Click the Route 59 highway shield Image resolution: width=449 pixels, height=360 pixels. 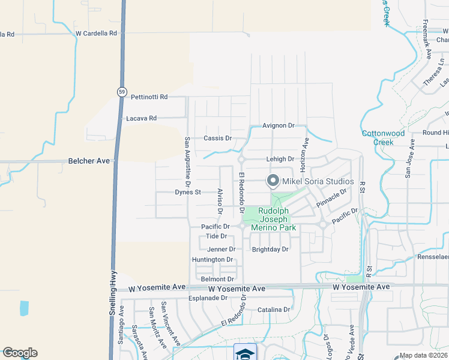tap(122, 92)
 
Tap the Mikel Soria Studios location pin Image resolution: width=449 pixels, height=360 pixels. tap(273, 180)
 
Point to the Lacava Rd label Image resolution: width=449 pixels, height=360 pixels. tap(141, 119)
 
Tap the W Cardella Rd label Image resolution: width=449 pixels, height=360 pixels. tap(96, 34)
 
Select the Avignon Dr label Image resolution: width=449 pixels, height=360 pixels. tap(279, 126)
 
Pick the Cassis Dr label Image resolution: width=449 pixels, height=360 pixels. tap(217, 138)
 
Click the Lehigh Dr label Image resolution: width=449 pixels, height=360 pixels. tap(281, 160)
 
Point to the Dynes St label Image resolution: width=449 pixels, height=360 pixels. tap(187, 193)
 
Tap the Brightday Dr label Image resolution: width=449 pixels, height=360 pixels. tap(270, 250)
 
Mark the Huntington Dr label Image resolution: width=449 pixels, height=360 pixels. tap(212, 260)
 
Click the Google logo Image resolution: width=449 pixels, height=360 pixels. tap(20, 353)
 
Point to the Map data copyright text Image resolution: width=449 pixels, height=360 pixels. tap(424, 355)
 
